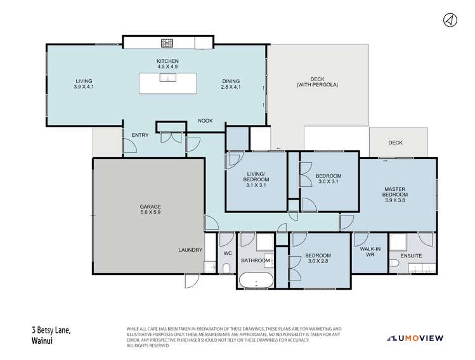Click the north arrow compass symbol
tap(450, 20)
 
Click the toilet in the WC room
tap(226, 269)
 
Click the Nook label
tap(204, 120)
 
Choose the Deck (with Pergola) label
tap(317, 81)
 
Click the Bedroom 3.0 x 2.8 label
tap(319, 260)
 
